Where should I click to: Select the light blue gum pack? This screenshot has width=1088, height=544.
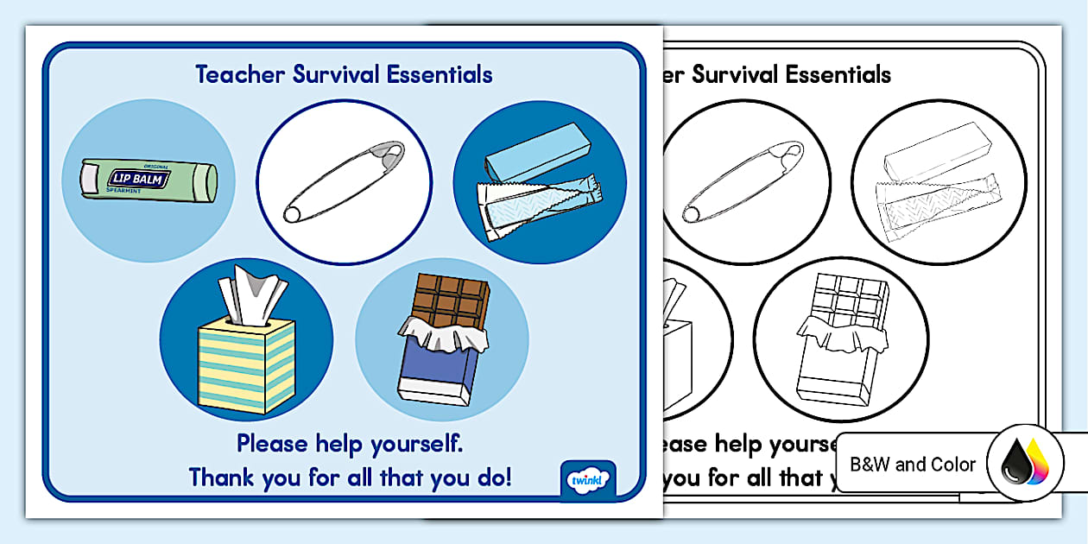pyautogui.click(x=538, y=152)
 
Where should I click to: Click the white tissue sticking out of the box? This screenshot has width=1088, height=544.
pyautogui.click(x=253, y=295)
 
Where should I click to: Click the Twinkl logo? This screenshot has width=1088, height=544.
pyautogui.click(x=588, y=480)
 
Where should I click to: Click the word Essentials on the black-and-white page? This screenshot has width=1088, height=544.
pyautogui.click(x=838, y=74)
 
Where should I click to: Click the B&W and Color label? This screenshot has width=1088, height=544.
pyautogui.click(x=913, y=465)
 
